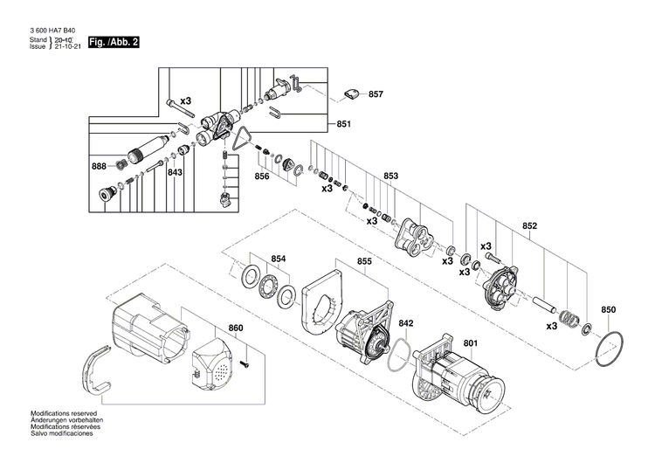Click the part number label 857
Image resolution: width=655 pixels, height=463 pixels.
(376, 93)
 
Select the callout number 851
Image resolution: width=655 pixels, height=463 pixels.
(343, 124)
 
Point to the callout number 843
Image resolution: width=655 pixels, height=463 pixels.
(175, 173)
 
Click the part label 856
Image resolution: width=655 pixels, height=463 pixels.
(261, 176)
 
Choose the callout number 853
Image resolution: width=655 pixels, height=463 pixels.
(390, 176)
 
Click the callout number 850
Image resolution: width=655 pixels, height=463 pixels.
(609, 310)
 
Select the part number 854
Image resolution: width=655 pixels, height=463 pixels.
(278, 259)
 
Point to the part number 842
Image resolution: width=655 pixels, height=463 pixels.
(406, 323)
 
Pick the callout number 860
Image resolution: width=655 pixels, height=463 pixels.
(235, 328)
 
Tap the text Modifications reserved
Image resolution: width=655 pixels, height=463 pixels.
(64, 412)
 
